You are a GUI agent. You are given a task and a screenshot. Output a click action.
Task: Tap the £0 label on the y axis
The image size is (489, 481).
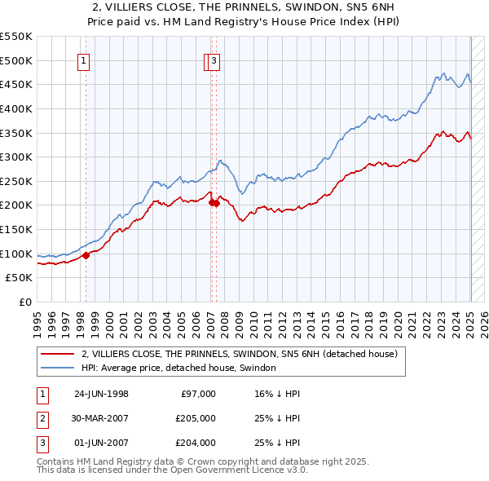pyautogui.click(x=25, y=302)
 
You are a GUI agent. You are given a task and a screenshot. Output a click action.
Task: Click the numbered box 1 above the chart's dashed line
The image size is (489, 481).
pyautogui.click(x=85, y=60)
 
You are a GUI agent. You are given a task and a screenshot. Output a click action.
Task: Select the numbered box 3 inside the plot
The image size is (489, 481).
pyautogui.click(x=214, y=60)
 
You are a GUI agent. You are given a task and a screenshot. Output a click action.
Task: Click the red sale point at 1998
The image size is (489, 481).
pyautogui.click(x=86, y=255)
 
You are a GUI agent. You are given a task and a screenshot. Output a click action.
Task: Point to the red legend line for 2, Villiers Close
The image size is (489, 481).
pyautogui.click(x=57, y=355)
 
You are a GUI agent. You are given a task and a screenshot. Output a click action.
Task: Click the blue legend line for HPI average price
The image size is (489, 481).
pyautogui.click(x=57, y=368)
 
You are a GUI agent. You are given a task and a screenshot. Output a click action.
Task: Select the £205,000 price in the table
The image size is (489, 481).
pyautogui.click(x=196, y=418)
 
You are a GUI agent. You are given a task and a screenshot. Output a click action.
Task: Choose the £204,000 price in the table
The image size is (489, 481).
pyautogui.click(x=196, y=443)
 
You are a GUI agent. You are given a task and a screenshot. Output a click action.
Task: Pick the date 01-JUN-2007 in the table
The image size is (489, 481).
pyautogui.click(x=101, y=443)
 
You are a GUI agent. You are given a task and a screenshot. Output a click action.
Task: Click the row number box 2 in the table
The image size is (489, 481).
pyautogui.click(x=41, y=418)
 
